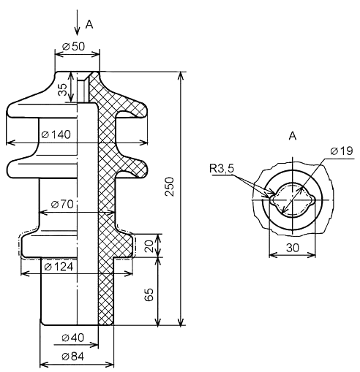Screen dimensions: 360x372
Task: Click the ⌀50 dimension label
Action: (73, 46)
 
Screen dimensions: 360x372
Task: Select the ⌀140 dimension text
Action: (56, 134)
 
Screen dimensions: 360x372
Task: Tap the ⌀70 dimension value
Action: (62, 204)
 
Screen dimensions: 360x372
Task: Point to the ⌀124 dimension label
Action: (59, 267)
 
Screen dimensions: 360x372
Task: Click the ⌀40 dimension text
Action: (72, 338)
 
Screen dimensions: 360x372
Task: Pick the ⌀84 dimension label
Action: (72, 357)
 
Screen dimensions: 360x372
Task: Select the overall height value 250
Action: (169, 186)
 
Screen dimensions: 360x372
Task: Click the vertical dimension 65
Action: (149, 295)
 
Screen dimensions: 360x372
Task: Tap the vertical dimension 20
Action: (149, 246)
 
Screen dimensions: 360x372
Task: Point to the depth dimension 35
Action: (62, 89)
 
